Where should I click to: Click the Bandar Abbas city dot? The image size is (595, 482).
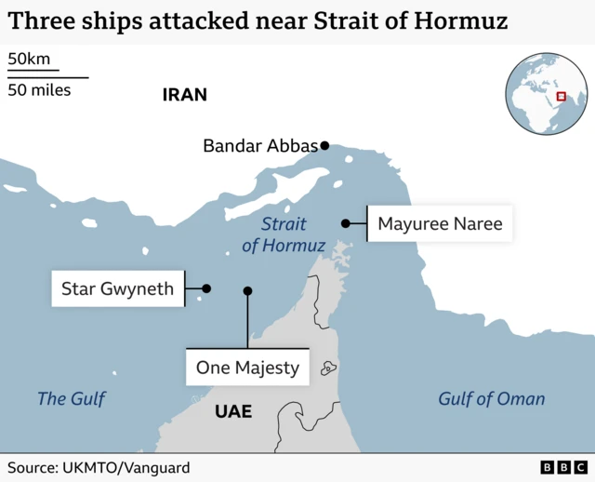[x=325, y=145]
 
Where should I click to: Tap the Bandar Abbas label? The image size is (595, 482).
[x=259, y=145]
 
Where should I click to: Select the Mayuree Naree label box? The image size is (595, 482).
[x=440, y=223]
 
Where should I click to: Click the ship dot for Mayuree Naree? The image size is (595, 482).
[x=345, y=223]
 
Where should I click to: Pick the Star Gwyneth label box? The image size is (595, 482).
[x=117, y=288]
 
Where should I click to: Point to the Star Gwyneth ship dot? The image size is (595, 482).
[x=206, y=288]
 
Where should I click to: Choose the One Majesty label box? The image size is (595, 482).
[x=247, y=368]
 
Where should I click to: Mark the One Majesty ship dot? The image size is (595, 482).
[x=247, y=290]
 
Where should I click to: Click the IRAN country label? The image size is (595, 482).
[x=184, y=95]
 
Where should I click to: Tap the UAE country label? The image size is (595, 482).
[x=232, y=410]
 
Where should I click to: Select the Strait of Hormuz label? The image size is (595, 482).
[x=284, y=234]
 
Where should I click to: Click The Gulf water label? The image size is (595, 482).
[x=72, y=399]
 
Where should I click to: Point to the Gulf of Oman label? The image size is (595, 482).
[x=491, y=399]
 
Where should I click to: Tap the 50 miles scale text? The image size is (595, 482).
[x=39, y=90]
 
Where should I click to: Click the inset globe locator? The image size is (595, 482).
[x=547, y=95]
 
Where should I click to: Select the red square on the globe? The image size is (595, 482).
[x=561, y=96]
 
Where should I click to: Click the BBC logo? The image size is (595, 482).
[x=563, y=467]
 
